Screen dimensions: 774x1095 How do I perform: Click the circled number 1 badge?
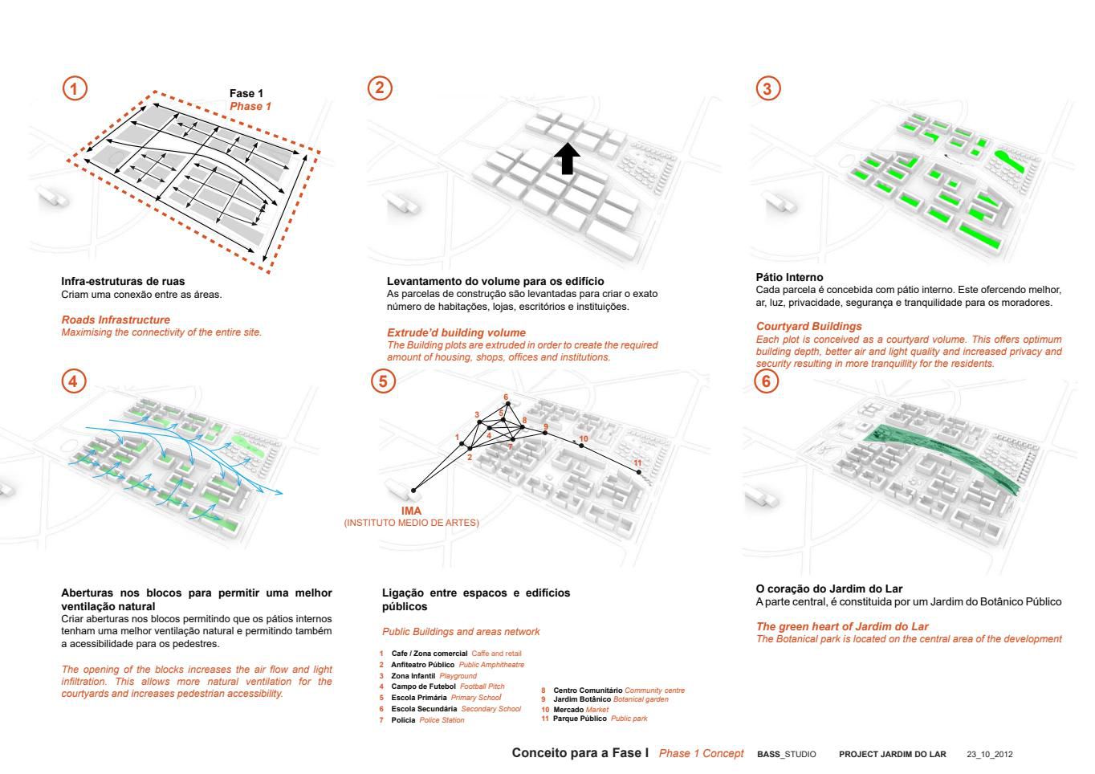pyautogui.click(x=75, y=88)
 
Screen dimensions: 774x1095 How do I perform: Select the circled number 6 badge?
pyautogui.click(x=767, y=381)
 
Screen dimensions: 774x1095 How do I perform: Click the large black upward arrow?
pyautogui.click(x=567, y=159)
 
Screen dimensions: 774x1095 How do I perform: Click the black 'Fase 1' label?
pyautogui.click(x=246, y=94)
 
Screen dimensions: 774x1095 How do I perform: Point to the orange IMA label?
pyautogui.click(x=411, y=511)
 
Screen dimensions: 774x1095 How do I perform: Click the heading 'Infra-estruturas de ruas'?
pyautogui.click(x=123, y=281)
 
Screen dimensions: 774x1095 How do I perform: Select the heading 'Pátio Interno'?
pyautogui.click(x=789, y=277)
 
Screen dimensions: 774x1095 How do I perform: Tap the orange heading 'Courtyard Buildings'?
pyautogui.click(x=808, y=326)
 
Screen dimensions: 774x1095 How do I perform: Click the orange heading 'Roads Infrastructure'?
pyautogui.click(x=116, y=320)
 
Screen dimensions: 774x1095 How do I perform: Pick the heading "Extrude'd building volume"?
pyautogui.click(x=456, y=332)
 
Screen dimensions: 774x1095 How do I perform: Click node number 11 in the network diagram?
pyautogui.click(x=639, y=471)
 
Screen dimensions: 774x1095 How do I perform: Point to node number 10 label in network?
pyautogui.click(x=584, y=438)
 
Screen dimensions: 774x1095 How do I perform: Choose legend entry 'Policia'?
pyautogui.click(x=403, y=720)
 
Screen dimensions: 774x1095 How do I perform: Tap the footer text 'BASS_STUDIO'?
pyautogui.click(x=786, y=755)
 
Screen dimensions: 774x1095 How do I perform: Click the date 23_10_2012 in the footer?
pyautogui.click(x=989, y=755)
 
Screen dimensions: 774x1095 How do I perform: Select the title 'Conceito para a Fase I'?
pyautogui.click(x=580, y=753)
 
